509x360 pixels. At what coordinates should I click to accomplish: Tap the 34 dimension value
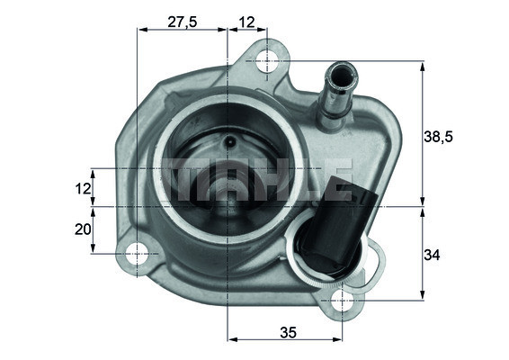[x=433, y=256]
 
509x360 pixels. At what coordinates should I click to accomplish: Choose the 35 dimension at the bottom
[x=287, y=332]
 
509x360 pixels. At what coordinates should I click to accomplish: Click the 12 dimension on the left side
[x=83, y=189]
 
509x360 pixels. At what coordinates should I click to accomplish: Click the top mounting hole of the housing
[x=268, y=61]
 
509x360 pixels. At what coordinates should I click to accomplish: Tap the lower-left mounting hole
[x=137, y=255]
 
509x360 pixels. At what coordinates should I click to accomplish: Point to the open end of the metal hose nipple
[x=339, y=70]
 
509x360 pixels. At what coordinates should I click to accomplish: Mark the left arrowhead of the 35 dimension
[x=233, y=340]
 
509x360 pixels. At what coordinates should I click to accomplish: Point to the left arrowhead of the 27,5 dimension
[x=140, y=29]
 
